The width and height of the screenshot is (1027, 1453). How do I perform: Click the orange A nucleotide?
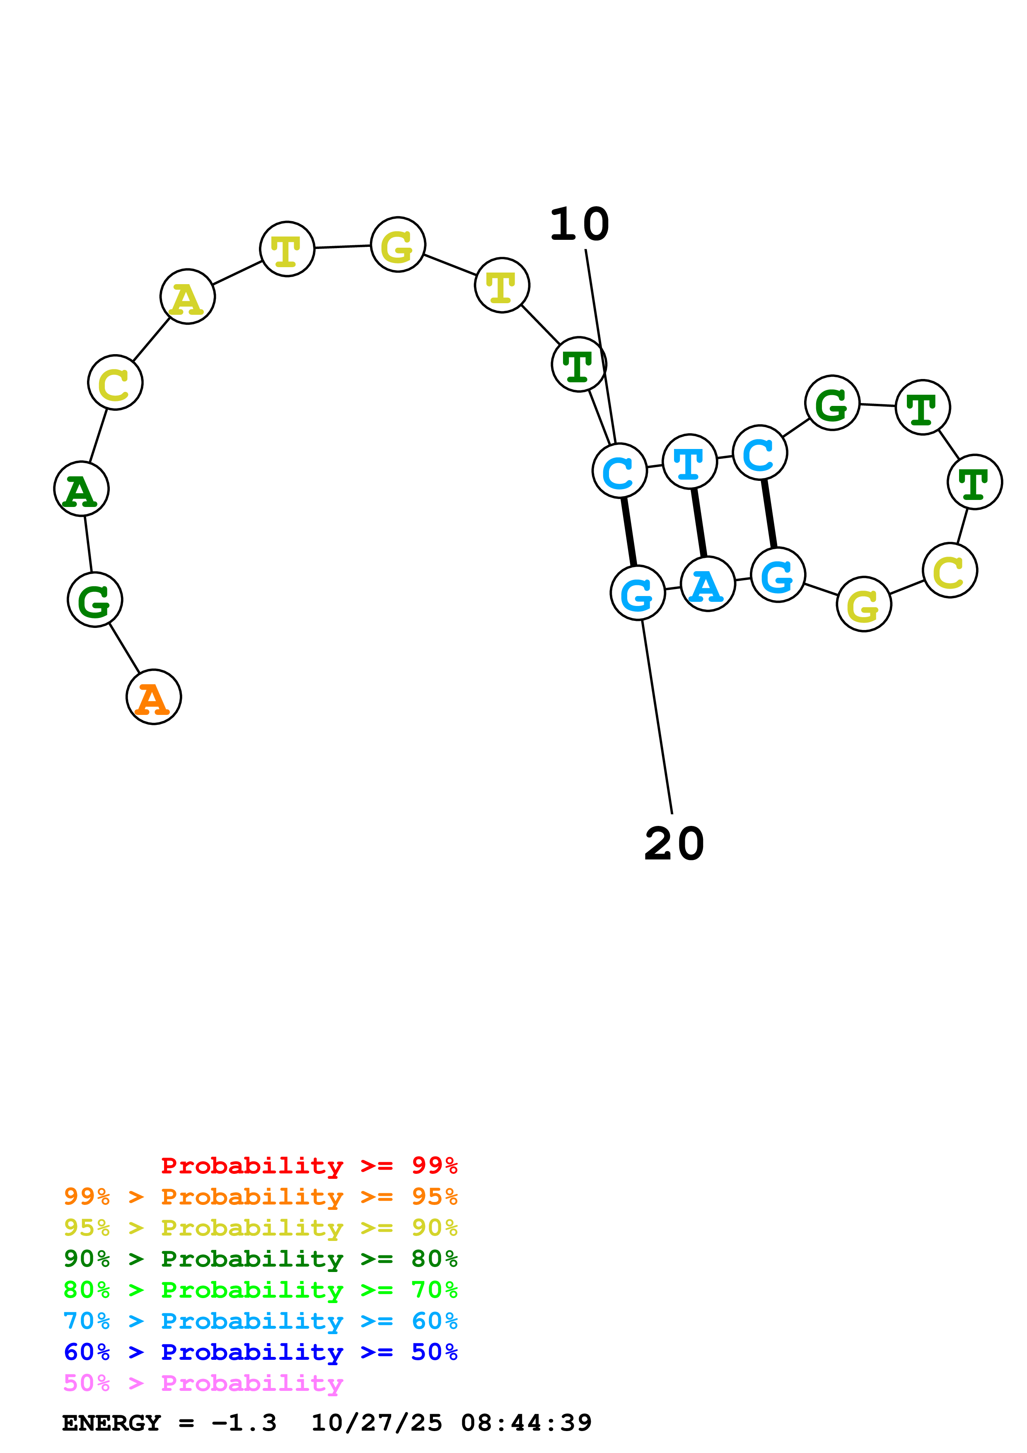click(154, 697)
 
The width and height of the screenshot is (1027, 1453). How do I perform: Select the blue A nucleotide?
click(708, 584)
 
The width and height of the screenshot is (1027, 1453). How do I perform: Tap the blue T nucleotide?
click(690, 461)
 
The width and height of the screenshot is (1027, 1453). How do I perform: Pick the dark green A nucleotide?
click(82, 489)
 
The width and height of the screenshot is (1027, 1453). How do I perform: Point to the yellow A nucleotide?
click(187, 296)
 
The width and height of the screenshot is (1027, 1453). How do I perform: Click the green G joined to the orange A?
click(95, 599)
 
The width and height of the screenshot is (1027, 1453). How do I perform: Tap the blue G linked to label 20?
click(638, 593)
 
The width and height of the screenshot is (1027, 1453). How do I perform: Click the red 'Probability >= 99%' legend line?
click(309, 1165)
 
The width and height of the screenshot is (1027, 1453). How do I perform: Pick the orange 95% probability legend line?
click(261, 1196)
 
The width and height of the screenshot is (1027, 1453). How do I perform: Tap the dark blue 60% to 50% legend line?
click(261, 1352)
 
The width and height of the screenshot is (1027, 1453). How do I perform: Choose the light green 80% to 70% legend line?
click(261, 1290)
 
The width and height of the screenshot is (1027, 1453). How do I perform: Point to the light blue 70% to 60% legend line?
click(261, 1321)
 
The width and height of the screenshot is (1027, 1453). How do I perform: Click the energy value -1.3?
click(244, 1423)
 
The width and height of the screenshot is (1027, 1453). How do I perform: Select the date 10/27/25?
click(377, 1423)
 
